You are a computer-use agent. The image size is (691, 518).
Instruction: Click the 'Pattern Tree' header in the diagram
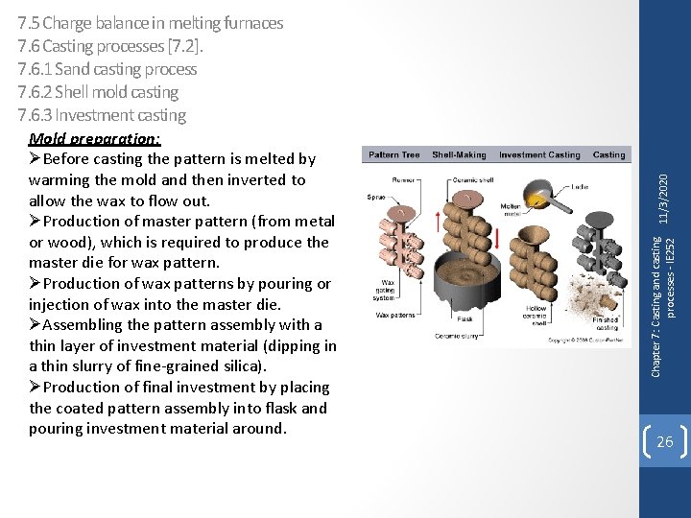pos(394,154)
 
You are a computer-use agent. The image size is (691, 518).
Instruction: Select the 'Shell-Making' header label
pos(458,154)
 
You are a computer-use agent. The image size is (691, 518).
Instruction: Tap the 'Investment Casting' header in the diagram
pos(539,154)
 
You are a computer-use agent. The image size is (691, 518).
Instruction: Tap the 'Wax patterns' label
pos(395,315)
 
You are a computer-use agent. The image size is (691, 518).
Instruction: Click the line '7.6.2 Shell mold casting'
pos(98,92)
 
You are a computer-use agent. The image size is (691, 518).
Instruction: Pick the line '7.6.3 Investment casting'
pos(102,115)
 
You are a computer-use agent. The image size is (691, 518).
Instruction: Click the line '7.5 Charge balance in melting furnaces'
pos(151,23)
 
